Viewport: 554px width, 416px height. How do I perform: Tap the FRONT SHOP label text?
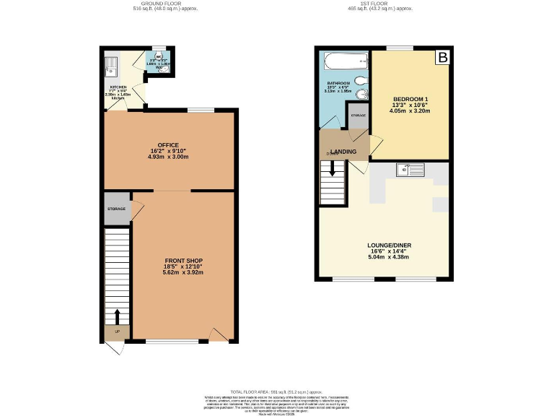(183, 260)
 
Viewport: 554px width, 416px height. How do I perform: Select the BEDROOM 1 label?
(410, 99)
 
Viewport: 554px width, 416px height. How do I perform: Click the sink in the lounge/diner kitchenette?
(410, 170)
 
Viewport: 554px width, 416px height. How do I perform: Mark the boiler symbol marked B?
(442, 57)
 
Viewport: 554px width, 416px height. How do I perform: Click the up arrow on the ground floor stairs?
(117, 316)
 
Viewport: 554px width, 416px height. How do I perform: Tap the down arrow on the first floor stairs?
(333, 168)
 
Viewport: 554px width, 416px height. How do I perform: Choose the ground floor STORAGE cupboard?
(117, 209)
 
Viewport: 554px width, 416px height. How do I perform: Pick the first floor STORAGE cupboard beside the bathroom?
(358, 116)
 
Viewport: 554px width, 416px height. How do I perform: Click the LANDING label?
(343, 150)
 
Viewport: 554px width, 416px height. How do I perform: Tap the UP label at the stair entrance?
(117, 332)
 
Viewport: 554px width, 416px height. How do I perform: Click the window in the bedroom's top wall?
(400, 48)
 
